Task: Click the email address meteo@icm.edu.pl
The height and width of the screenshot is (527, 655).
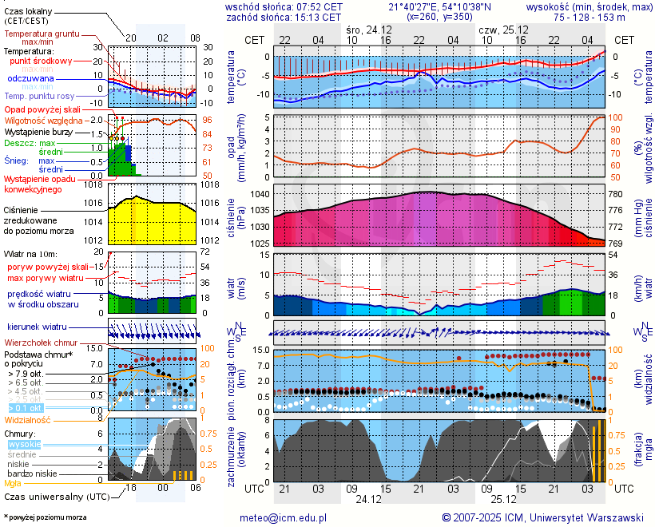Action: pyautogui.click(x=284, y=517)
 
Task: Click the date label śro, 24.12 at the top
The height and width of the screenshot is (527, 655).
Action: pyautogui.click(x=370, y=29)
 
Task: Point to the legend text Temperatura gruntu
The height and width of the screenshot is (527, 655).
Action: pyautogui.click(x=42, y=34)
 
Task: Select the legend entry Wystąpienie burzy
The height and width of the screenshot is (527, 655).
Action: pyautogui.click(x=40, y=131)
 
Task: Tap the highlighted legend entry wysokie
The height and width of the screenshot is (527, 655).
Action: pyautogui.click(x=24, y=444)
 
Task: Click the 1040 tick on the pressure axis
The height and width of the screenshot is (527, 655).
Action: pyautogui.click(x=260, y=194)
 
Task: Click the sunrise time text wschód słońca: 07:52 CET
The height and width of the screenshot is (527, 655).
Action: pyautogui.click(x=284, y=6)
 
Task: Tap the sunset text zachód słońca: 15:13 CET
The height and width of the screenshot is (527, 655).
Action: pyautogui.click(x=284, y=17)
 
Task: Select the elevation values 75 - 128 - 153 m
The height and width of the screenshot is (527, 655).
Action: pyautogui.click(x=589, y=17)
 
